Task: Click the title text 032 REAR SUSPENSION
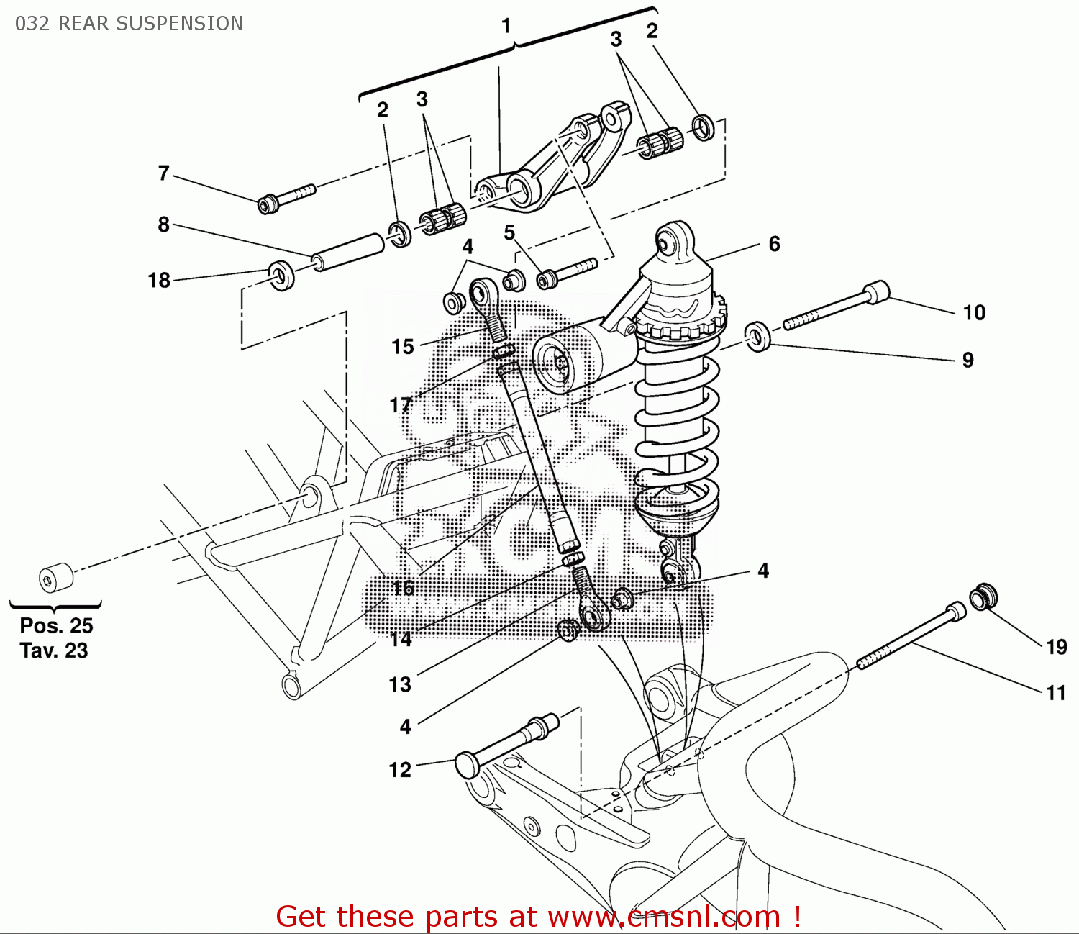point(129,24)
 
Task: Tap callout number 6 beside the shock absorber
point(774,244)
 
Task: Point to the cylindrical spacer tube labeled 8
point(348,252)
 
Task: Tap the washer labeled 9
point(758,337)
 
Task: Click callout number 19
point(1056,647)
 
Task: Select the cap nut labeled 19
point(983,597)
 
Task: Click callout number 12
point(400,770)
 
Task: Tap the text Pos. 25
point(56,625)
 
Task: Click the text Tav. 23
point(54,650)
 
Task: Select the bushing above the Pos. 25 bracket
point(55,577)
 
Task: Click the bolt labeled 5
point(568,271)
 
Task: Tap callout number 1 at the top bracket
point(506,26)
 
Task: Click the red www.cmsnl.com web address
point(664,917)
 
